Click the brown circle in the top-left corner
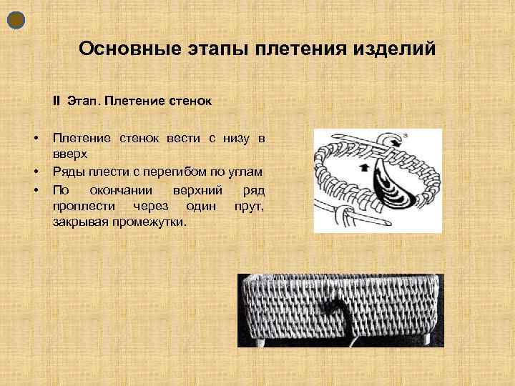(x=16, y=20)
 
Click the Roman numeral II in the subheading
(x=57, y=101)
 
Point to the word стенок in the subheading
(x=189, y=101)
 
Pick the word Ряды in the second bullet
(x=67, y=172)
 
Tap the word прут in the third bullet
(x=249, y=206)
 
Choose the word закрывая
(x=77, y=223)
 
